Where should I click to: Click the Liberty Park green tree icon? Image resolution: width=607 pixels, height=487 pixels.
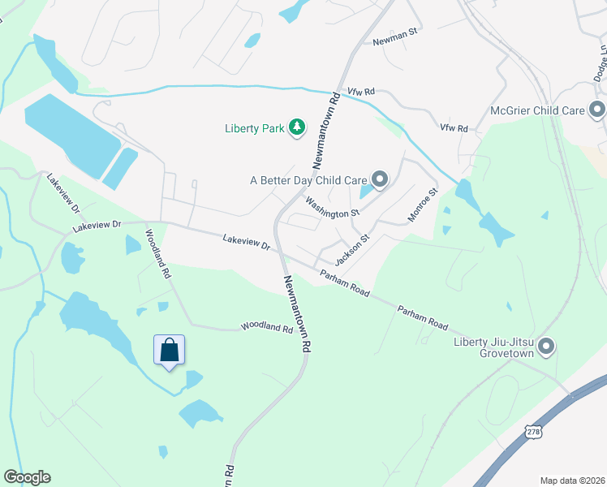click(x=298, y=127)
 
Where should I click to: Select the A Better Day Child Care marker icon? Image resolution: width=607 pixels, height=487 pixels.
click(x=379, y=179)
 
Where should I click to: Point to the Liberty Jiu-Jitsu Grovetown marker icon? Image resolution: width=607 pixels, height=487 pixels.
click(x=546, y=347)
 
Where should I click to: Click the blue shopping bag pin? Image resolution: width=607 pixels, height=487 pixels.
click(x=169, y=351)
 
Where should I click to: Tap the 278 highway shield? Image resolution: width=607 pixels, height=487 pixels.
click(x=532, y=433)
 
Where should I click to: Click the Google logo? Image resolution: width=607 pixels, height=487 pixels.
click(x=27, y=477)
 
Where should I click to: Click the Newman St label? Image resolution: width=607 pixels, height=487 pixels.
click(x=394, y=41)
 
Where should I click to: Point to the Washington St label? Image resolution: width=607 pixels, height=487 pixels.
click(x=332, y=206)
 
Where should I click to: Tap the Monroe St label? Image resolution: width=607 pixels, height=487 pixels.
click(x=422, y=205)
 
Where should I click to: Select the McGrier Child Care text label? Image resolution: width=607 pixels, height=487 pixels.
click(x=537, y=110)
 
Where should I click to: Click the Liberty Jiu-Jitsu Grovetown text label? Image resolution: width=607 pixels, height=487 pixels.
click(x=496, y=347)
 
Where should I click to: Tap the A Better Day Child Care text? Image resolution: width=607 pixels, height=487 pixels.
click(x=308, y=179)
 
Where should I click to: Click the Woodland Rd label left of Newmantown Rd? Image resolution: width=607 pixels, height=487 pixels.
click(x=266, y=328)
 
